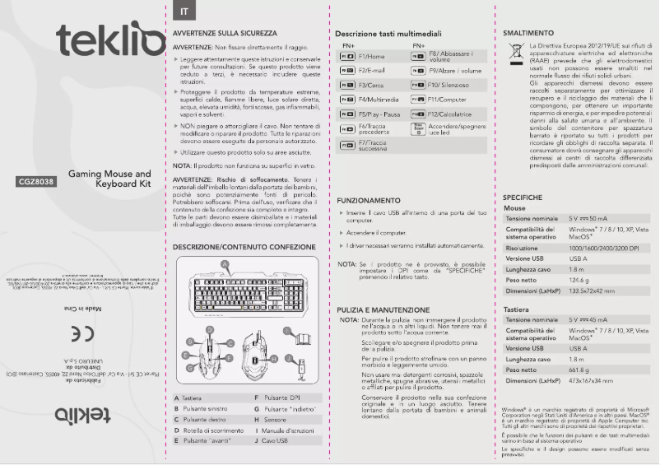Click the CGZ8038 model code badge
pyautogui.click(x=35, y=182)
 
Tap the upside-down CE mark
pyautogui.click(x=82, y=333)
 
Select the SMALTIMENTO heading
pyautogui.click(x=526, y=33)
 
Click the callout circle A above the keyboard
pyautogui.click(x=225, y=264)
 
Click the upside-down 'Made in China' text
pyautogui.click(x=82, y=309)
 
